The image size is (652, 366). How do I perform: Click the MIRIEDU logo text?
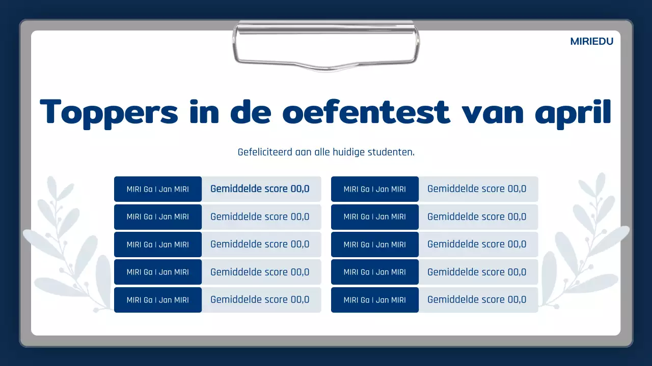coord(591,42)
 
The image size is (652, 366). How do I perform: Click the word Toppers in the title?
coord(109,112)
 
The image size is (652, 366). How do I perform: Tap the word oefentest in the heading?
coord(366,112)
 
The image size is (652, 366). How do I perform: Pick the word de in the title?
coord(250,112)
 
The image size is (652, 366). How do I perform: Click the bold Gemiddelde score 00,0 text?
coord(260,189)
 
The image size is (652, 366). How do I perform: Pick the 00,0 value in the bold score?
coord(300,189)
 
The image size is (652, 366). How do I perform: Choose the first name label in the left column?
coord(158,189)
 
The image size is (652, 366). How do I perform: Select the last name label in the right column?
coord(375,300)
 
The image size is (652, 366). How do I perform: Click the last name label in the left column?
coord(158,300)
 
